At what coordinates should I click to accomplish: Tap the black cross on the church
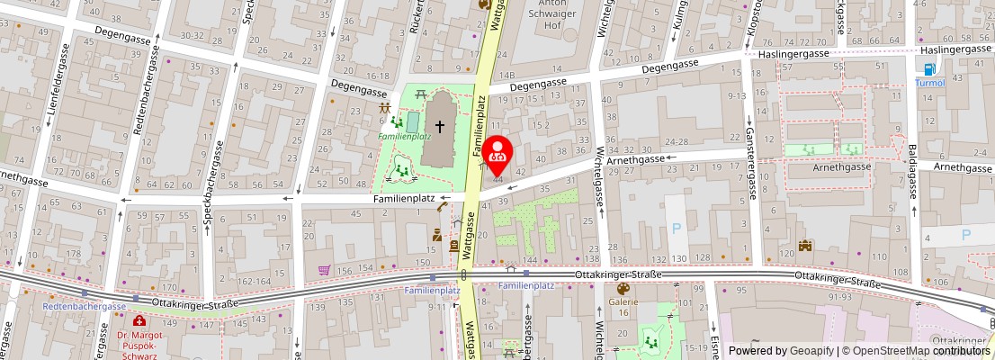(440, 128)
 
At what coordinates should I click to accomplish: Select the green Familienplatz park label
(405, 137)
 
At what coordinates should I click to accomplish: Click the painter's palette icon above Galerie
(622, 289)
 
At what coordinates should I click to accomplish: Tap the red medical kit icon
(139, 320)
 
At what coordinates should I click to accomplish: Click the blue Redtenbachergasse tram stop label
(84, 306)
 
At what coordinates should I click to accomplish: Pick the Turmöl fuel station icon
(929, 69)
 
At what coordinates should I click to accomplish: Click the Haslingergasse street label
(793, 55)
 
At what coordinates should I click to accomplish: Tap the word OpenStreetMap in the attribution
(886, 351)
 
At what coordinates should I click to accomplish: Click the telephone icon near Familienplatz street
(443, 208)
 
